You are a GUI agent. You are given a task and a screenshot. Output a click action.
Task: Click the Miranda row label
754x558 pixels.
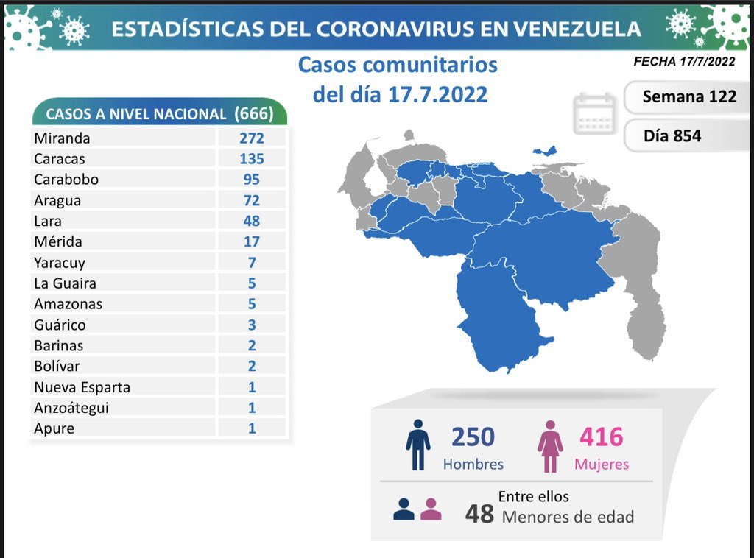coord(62,138)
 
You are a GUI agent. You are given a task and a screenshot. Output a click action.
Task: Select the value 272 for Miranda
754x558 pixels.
coord(251,138)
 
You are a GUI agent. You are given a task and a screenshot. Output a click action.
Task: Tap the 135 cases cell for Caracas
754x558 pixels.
coord(251,159)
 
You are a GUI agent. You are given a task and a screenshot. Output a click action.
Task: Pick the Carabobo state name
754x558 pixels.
coord(66,180)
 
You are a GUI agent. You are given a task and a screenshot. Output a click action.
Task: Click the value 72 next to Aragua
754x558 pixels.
coord(251,200)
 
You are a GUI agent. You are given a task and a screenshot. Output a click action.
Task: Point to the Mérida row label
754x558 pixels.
coord(58,241)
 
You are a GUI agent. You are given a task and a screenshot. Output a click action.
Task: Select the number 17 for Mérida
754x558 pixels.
coord(251,241)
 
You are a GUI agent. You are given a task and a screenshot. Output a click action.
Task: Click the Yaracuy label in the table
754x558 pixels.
coord(60,262)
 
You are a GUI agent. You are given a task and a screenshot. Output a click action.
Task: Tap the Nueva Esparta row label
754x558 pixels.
coord(82,387)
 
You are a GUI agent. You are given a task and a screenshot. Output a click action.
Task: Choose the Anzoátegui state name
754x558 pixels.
coord(71,408)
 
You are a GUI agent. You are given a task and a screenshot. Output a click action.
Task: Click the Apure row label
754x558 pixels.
coord(54,428)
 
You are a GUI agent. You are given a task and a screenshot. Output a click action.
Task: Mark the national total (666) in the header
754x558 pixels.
coord(253,113)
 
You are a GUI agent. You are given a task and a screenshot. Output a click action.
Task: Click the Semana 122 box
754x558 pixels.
coord(688,96)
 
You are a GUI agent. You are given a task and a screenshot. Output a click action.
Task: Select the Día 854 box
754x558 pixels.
coord(672,135)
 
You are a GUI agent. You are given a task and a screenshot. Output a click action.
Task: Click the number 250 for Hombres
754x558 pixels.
coord(473,437)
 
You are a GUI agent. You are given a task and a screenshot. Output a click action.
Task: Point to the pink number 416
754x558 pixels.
coord(602,437)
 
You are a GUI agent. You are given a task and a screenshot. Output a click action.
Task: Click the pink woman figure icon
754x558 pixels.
coord(550,446)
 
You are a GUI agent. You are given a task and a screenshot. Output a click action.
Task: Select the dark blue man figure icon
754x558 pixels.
coord(418,445)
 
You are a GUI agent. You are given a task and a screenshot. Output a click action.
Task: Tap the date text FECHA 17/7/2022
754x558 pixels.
coord(684,62)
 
